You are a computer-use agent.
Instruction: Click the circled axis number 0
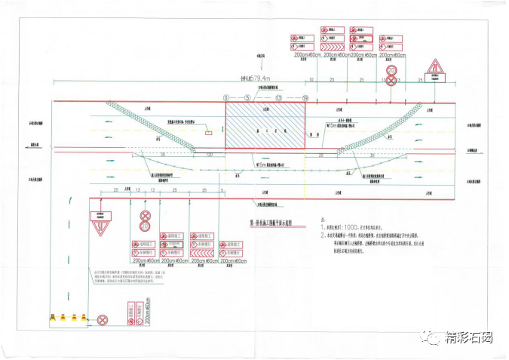[x=226, y=98]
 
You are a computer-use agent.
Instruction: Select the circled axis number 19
[x=305, y=98]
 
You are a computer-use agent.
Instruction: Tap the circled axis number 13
[x=277, y=98]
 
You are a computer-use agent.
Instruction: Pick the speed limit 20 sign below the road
[x=145, y=226]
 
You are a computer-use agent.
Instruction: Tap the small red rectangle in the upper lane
[x=208, y=131]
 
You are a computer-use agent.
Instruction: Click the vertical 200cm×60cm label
[x=148, y=309]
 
